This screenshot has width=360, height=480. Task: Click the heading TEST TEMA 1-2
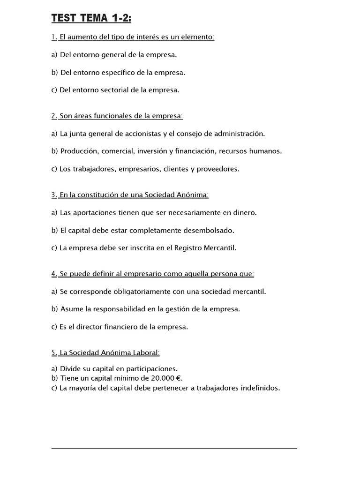pyautogui.click(x=91, y=18)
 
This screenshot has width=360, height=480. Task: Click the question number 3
pyautogui.click(x=54, y=195)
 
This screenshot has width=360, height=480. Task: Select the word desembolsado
pyautogui.click(x=207, y=230)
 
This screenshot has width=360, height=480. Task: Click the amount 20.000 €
pyautogui.click(x=165, y=378)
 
